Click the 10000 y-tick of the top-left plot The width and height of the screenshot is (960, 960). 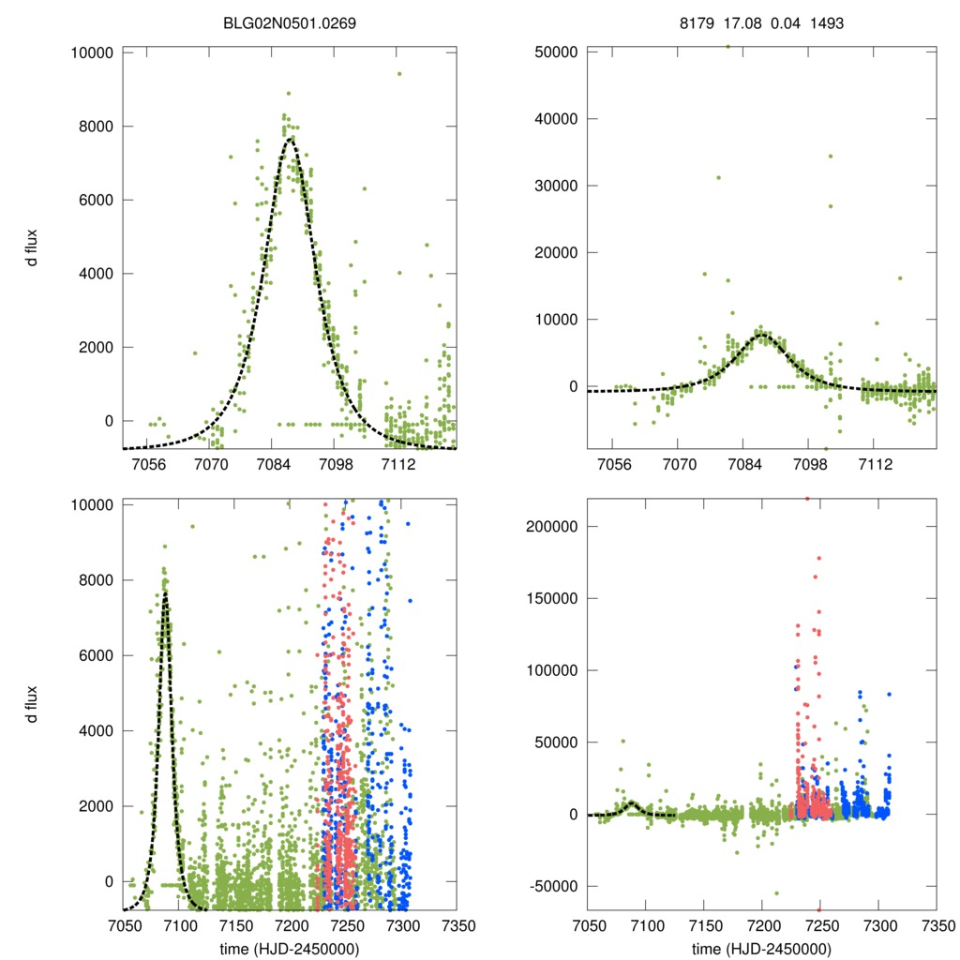click(x=92, y=52)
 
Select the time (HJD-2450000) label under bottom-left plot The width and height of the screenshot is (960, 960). click(x=291, y=948)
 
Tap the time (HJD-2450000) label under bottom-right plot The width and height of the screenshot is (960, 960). click(x=762, y=948)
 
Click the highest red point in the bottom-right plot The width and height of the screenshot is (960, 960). click(x=807, y=499)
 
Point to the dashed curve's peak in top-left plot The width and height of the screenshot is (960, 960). click(x=291, y=139)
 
